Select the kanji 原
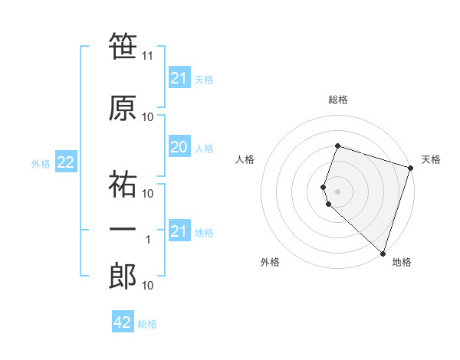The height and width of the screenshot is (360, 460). tap(123, 107)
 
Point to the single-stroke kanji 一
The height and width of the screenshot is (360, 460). tap(123, 230)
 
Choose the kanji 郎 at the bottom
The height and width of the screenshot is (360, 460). tap(123, 276)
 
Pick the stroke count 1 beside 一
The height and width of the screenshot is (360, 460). tap(148, 240)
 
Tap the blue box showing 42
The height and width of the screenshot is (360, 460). tap(123, 322)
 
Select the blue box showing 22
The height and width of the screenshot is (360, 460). tap(65, 162)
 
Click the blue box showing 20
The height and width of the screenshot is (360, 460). tap(179, 147)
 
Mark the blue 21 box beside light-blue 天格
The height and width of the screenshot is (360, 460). tap(179, 78)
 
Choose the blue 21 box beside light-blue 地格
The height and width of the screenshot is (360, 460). tap(179, 231)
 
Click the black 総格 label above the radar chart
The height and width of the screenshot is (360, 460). tap(338, 100)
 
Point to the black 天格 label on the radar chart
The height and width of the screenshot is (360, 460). tap(431, 159)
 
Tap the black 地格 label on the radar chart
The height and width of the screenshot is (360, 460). tap(402, 263)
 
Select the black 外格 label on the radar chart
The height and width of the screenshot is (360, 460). tap(270, 263)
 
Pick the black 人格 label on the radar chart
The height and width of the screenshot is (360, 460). tap(245, 159)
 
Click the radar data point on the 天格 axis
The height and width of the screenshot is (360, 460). tap(410, 168)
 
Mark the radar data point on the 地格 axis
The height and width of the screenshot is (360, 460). tap(383, 253)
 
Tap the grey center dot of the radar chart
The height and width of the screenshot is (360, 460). tap(337, 191)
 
